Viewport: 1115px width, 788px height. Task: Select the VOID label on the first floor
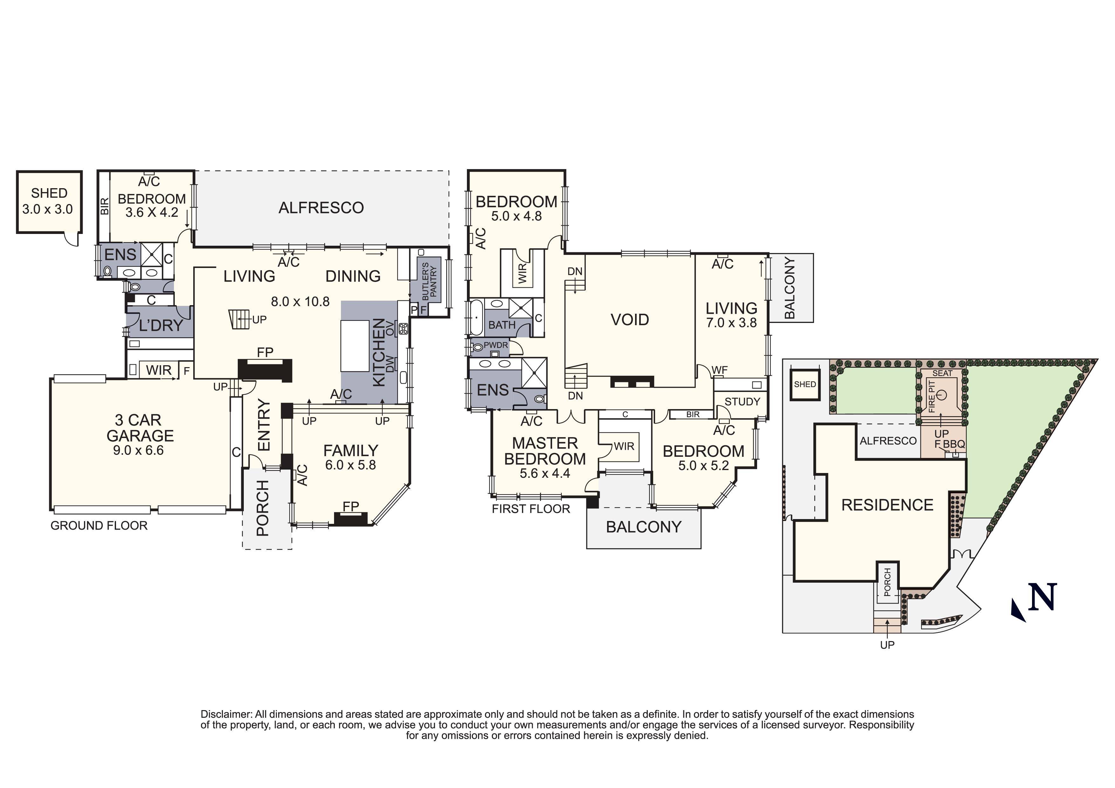click(630, 319)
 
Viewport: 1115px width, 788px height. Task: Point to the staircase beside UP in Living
click(239, 319)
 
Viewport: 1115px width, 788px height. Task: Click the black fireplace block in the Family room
click(351, 519)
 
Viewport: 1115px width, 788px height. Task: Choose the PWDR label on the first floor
click(495, 345)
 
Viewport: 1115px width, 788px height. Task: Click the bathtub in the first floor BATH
click(475, 318)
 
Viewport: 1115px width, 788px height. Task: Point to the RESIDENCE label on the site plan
click(887, 505)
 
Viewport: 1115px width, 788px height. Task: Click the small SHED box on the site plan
click(805, 384)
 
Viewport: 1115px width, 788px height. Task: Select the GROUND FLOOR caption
click(99, 525)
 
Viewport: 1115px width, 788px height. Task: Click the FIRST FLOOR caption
click(531, 509)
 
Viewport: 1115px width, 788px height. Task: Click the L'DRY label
click(161, 325)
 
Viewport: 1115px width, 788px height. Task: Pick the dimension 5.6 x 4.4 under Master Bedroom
click(545, 473)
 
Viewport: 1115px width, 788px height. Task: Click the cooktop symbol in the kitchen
click(403, 329)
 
